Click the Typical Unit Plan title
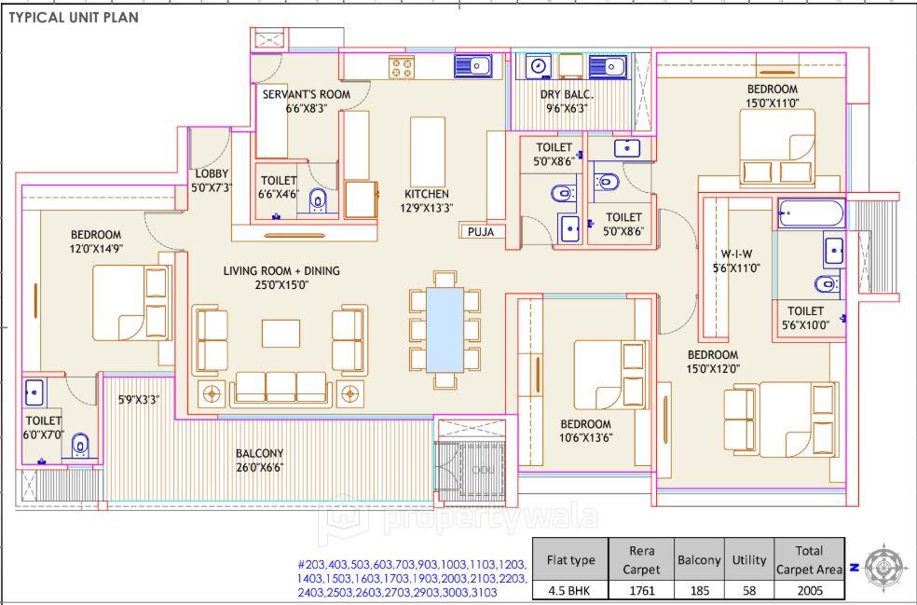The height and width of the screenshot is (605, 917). pos(75,17)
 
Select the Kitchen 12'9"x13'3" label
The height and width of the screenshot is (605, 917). pos(427,200)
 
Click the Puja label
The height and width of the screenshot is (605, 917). pos(481,231)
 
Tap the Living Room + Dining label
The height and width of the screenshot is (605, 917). pos(281,278)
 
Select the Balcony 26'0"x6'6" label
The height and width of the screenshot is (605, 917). pos(259,461)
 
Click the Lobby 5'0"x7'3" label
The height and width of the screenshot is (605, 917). pos(211,180)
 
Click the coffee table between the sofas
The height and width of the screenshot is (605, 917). pos(281,333)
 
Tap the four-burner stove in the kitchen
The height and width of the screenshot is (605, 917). pos(402,66)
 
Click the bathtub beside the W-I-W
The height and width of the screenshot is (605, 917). pos(811,214)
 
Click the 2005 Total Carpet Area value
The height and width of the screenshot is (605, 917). pos(808,590)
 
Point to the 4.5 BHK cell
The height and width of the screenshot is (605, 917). pos(569,590)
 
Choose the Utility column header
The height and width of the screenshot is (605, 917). pos(748,560)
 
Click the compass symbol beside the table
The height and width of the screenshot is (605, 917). pos(884,566)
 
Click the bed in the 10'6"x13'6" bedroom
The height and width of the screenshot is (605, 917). pos(609,375)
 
